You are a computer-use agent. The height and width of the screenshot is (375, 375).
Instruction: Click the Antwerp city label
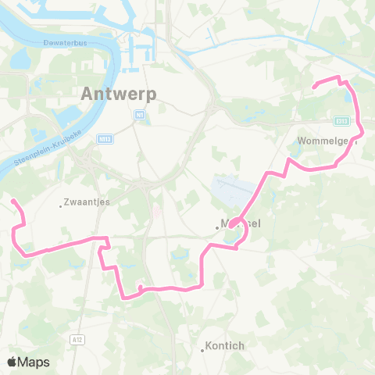[x=118, y=94]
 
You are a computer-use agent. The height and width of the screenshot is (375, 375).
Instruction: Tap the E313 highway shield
[x=341, y=120]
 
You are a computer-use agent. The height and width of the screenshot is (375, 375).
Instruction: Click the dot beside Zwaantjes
[x=62, y=206]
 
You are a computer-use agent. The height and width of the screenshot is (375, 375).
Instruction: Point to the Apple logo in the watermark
[x=12, y=362]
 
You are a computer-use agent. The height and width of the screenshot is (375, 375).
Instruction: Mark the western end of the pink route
[x=12, y=201]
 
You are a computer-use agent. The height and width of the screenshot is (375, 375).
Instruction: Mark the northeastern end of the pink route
[x=313, y=86]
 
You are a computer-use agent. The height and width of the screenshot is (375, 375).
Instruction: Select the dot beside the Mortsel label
[x=218, y=227]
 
